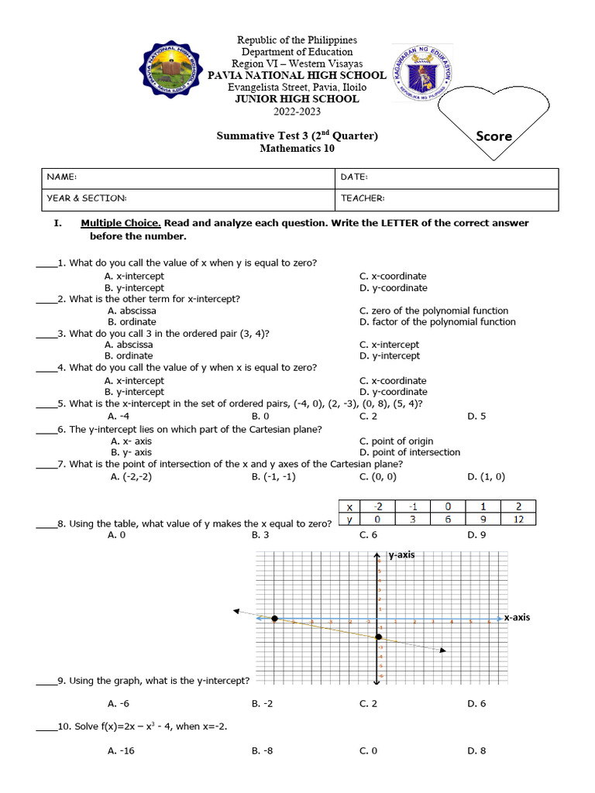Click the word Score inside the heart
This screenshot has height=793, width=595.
494,136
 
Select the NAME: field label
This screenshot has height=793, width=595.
62,177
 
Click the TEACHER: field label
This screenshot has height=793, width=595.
363,199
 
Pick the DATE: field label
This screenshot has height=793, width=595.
354,177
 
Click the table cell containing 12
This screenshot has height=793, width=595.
518,519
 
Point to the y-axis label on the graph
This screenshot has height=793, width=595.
401,554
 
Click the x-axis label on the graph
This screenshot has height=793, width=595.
516,617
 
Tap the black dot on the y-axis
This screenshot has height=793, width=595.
378,637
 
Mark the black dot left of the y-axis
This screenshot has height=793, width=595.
274,618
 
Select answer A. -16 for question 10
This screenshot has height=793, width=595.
122,750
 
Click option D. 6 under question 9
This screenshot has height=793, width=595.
476,704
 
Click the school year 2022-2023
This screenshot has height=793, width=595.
297,112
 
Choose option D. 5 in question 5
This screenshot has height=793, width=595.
476,416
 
